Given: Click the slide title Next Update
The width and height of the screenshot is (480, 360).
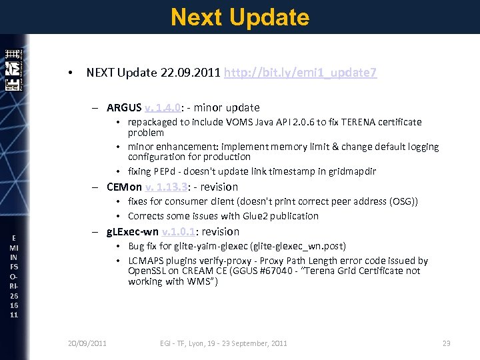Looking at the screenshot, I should pyautogui.click(x=240, y=17).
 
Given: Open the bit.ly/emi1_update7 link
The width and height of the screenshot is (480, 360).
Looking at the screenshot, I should pyautogui.click(x=301, y=73).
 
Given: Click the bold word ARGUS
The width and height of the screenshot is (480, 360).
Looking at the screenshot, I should pyautogui.click(x=123, y=107).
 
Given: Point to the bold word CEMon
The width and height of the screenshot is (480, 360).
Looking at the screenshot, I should pyautogui.click(x=124, y=187).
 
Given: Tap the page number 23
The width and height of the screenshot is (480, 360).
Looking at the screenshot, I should pyautogui.click(x=447, y=343).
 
